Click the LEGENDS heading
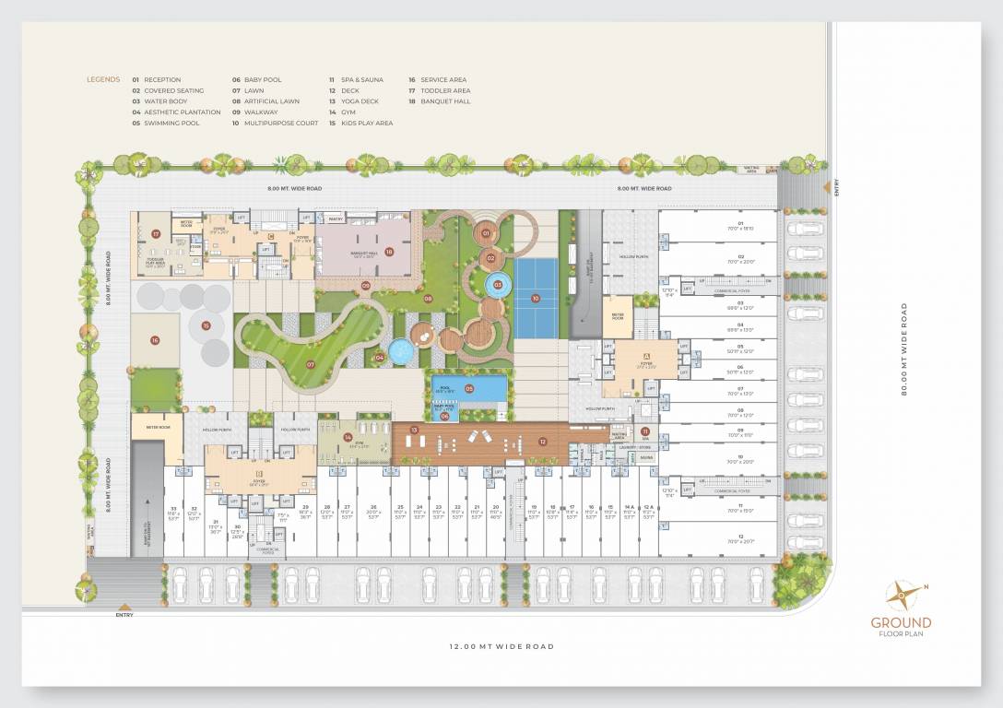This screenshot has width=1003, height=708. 103,80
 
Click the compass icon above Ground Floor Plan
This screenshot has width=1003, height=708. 901,596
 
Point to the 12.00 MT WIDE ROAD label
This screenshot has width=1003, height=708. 501,647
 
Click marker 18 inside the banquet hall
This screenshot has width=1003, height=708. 389,251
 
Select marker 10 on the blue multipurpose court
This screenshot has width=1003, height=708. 535,298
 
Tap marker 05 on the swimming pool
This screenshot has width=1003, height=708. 468,389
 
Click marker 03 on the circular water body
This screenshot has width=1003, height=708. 498,285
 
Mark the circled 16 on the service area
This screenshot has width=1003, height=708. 155,340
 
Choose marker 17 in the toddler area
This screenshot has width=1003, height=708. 157,234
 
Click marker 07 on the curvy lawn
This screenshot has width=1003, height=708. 311,364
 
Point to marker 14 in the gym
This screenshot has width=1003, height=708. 348,438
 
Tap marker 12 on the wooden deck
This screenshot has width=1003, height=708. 543,442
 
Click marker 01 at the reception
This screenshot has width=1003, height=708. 485,234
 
